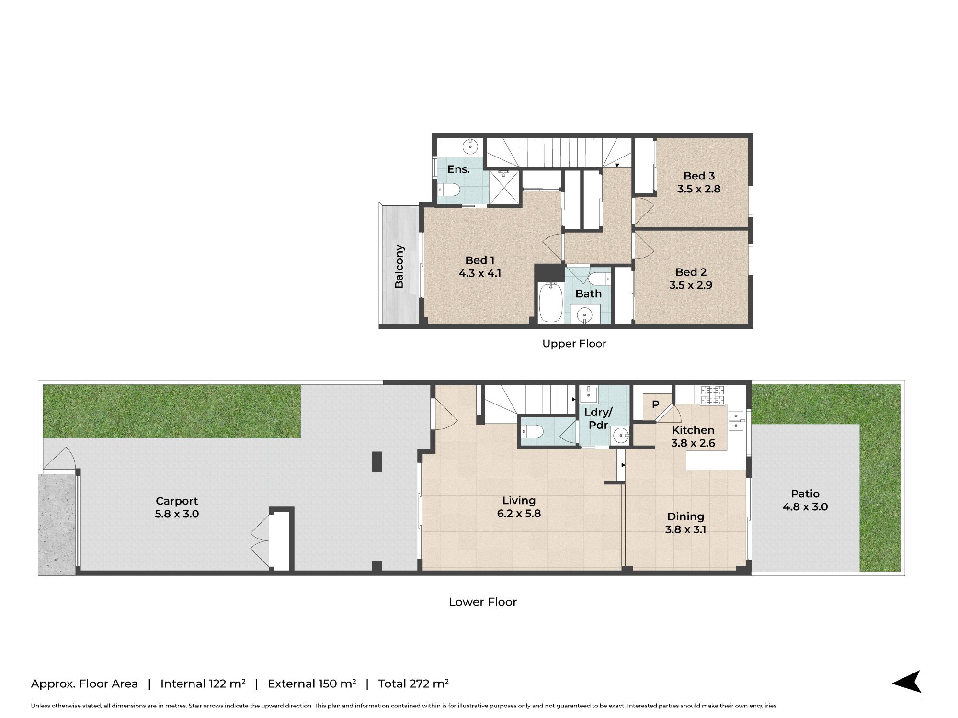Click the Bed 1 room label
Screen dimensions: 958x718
tap(479, 260)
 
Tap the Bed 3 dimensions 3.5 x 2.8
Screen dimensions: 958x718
tap(699, 189)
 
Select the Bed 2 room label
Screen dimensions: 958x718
tap(691, 272)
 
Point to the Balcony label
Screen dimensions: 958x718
tap(399, 266)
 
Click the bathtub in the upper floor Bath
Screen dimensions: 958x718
tap(551, 303)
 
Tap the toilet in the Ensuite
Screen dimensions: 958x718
tap(449, 190)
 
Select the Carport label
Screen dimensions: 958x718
tap(177, 501)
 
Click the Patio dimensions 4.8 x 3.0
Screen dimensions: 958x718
tap(805, 507)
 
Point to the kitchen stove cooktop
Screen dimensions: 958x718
tap(712, 395)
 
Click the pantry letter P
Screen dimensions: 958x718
tap(655, 404)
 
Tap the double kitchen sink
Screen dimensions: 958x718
tap(736, 421)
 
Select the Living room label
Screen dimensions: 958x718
tap(519, 501)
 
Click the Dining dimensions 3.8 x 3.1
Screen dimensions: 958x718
tap(685, 530)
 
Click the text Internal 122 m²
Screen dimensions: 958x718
tap(203, 684)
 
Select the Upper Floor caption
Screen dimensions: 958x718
tap(574, 344)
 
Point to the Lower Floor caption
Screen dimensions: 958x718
tap(483, 602)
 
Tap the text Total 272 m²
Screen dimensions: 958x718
tap(413, 684)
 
